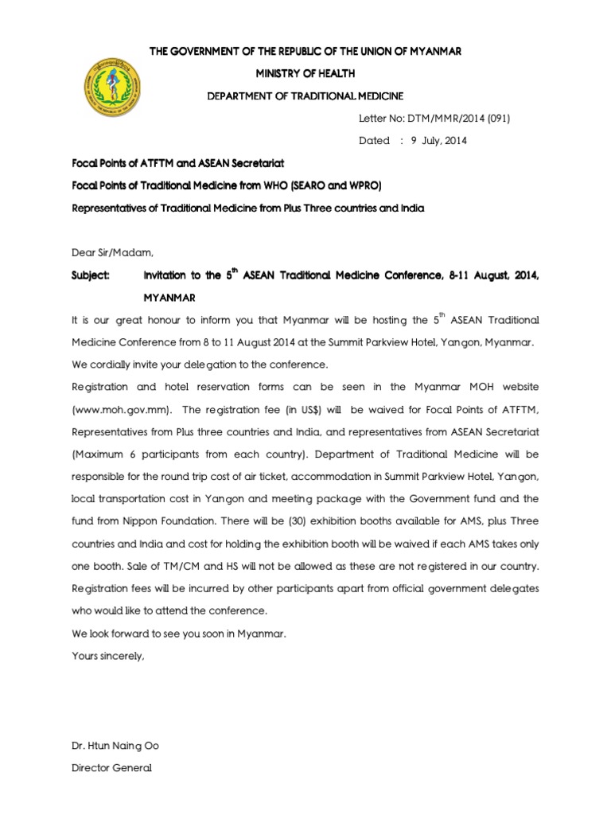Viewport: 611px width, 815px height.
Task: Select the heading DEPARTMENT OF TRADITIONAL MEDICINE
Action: pos(305,96)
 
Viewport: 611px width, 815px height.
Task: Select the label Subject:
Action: pos(91,275)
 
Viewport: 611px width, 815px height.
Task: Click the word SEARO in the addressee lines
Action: pos(316,186)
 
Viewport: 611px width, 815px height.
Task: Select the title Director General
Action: pos(111,768)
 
